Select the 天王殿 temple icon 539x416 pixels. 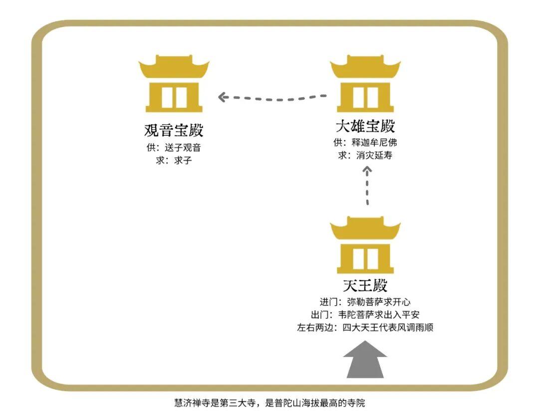click(365, 245)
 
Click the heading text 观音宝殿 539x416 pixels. click(174, 131)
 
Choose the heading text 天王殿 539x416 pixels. click(365, 286)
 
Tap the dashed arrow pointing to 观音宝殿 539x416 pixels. click(272, 97)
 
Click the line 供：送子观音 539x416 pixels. click(174, 148)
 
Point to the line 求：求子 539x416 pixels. click(174, 161)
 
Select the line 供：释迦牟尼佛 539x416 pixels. click(365, 143)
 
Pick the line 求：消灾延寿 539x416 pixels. click(365, 155)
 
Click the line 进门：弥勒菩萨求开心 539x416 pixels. click(365, 302)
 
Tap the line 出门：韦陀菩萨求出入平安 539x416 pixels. click(365, 315)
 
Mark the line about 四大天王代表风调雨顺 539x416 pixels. click(365, 328)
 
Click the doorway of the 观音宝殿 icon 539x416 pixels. click(174, 97)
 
